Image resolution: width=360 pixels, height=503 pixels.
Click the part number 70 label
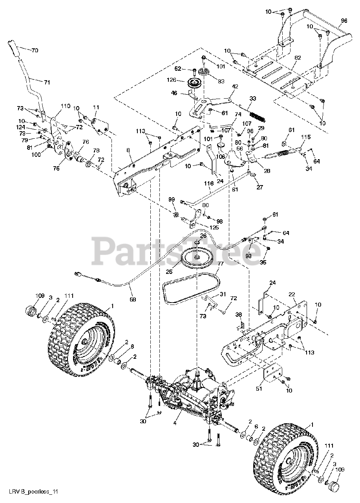pos(35,50)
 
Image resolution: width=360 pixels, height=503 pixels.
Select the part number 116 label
pos(209,183)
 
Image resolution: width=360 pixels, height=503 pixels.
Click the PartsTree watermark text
pos(177,251)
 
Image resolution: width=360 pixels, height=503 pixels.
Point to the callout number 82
pos(298,58)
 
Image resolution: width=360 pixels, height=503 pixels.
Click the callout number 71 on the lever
pos(47,82)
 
